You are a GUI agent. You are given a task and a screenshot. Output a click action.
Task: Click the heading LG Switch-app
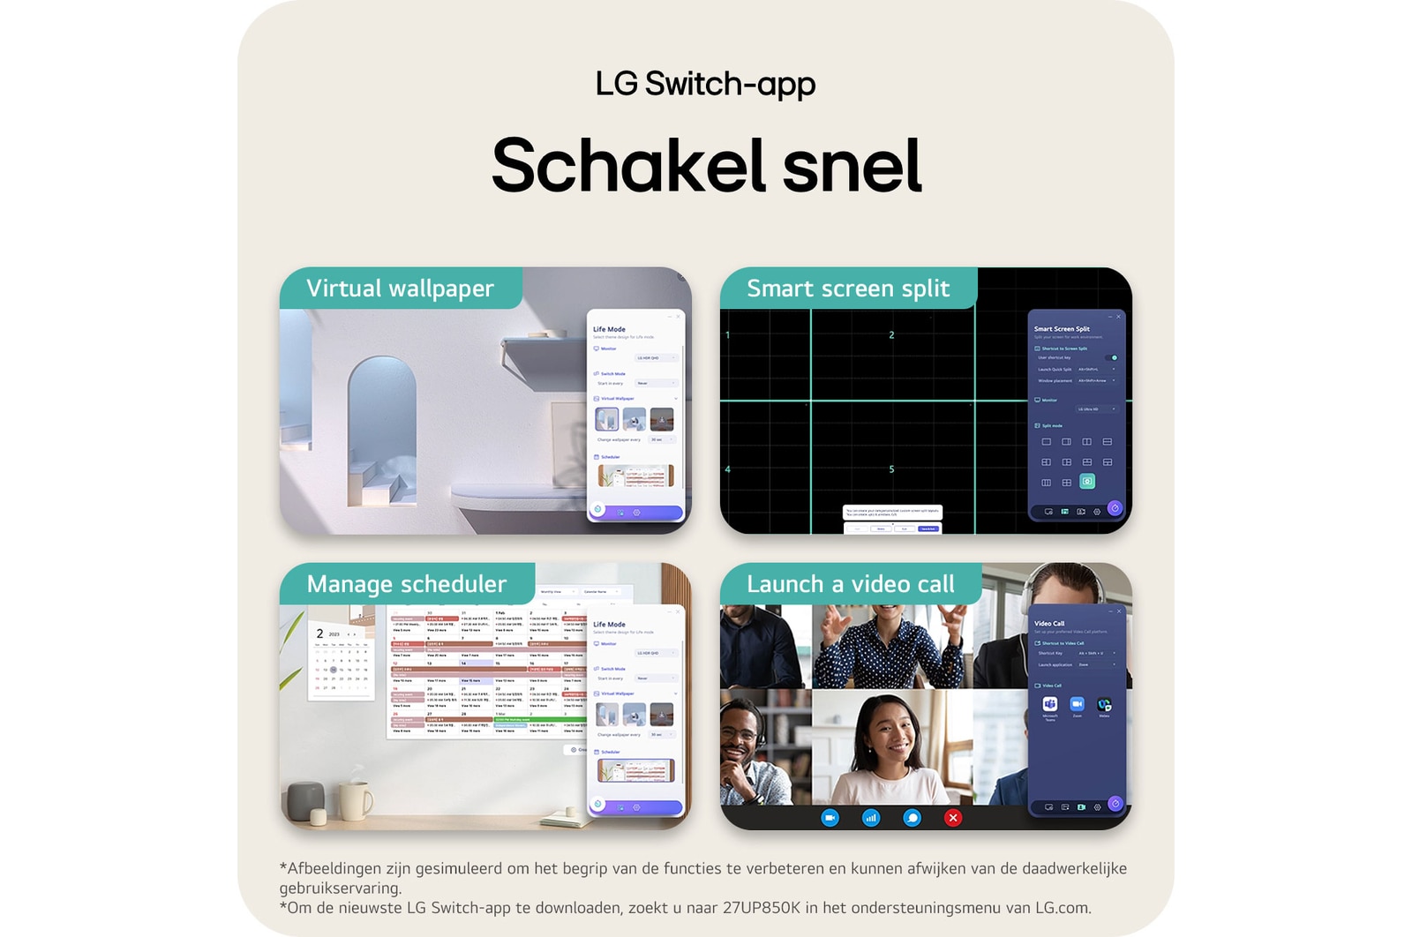[x=705, y=84]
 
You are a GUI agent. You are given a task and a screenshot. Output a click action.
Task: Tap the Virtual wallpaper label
[x=400, y=289]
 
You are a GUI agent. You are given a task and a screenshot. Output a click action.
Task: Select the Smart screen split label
[x=848, y=289]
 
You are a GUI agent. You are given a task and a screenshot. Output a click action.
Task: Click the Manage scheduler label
[x=407, y=584]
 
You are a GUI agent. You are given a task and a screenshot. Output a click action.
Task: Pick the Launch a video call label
[x=850, y=584]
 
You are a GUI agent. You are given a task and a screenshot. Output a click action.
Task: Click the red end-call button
[x=953, y=818]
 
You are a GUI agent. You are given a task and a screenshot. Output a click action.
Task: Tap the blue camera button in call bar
[x=830, y=818]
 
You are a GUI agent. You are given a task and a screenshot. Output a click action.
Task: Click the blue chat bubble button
[x=912, y=818]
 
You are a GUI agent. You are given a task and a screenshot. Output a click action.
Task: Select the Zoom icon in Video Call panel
[x=1077, y=704]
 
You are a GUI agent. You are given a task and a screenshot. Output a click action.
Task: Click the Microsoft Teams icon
[x=1049, y=704]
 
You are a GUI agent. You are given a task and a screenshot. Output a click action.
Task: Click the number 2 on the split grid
[x=891, y=335]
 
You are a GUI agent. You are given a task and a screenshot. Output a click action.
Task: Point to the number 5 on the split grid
[x=891, y=469]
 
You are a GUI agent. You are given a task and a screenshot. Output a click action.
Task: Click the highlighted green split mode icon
[x=1087, y=482]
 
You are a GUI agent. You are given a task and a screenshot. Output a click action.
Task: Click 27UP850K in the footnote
[x=761, y=908]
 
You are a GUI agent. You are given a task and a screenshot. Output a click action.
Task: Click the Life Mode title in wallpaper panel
[x=609, y=329]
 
